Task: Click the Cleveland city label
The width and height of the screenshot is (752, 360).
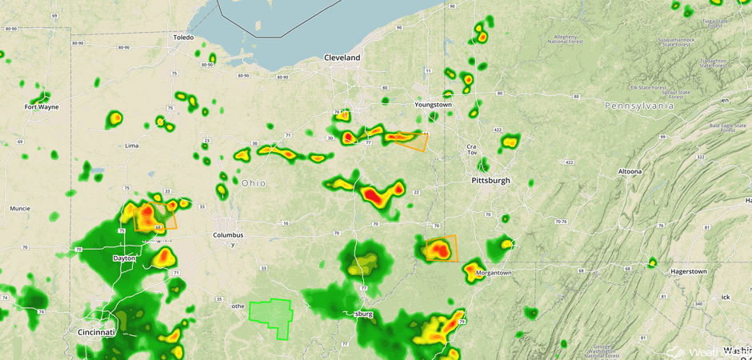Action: pos(342,58)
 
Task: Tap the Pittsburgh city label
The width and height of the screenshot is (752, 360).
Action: pos(490,181)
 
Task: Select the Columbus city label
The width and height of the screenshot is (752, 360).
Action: pos(227,235)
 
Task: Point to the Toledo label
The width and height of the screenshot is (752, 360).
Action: pos(183,38)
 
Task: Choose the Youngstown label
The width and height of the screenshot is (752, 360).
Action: pos(433,105)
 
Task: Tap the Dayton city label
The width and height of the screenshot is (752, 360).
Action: pos(124,258)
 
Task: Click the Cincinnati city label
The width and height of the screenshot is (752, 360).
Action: pos(96,331)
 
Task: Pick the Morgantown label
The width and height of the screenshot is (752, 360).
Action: pos(493,273)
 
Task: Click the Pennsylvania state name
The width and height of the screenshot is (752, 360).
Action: pos(639,106)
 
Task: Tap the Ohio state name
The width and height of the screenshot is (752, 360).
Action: pos(254,183)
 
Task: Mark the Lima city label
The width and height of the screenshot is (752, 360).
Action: pos(132,146)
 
